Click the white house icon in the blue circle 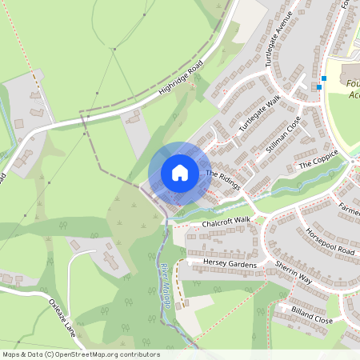point(179,173)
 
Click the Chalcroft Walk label point(226,220)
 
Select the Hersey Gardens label point(222,264)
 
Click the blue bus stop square point(320,86)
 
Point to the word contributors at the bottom point(138,354)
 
